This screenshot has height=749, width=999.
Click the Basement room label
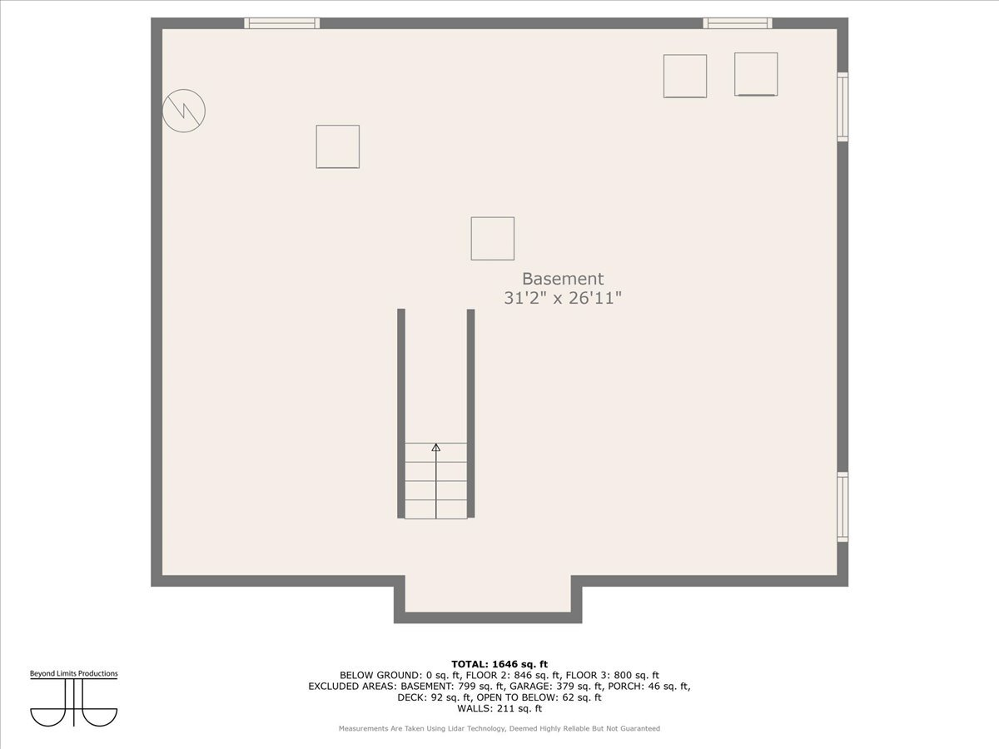pos(562,279)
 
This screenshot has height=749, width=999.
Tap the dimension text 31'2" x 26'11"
pos(562,298)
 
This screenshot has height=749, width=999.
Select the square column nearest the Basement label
pos(492,238)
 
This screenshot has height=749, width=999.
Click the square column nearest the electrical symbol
pos(337,146)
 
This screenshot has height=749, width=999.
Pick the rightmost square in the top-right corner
pos(756,74)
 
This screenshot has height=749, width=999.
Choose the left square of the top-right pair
pos(684,76)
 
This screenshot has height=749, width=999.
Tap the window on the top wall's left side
pos(282,23)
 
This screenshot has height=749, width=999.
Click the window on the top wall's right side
pos(738,23)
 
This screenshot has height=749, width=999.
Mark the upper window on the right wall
pos(842,107)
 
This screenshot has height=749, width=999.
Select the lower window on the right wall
pos(842,507)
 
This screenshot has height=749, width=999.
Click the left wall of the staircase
pos(401,413)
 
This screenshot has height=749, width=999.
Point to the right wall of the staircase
pos(470,413)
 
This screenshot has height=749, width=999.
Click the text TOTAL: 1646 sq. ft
pos(499,663)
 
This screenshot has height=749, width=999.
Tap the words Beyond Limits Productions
pos(74,673)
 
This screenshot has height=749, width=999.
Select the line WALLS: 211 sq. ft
pos(499,708)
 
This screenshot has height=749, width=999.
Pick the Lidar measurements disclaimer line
pos(499,728)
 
